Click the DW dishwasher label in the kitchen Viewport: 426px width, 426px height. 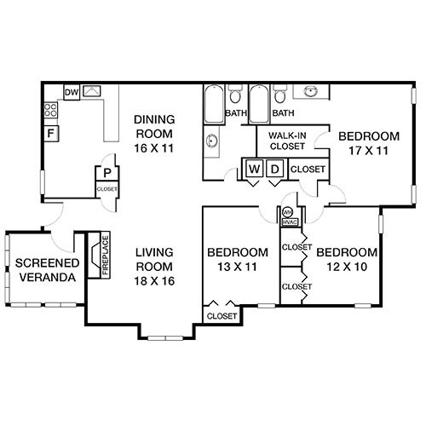pos(72,92)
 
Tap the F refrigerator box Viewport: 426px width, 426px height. pos(52,134)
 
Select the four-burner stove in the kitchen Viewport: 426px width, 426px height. pos(51,110)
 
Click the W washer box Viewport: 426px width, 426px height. pos(254,169)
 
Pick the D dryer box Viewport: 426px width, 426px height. pos(274,169)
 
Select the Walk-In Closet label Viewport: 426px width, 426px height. pos(287,141)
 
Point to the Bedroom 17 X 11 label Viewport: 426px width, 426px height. pos(368,143)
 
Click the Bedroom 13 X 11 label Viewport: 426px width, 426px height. pos(239,260)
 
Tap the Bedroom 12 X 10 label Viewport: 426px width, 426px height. pos(346,260)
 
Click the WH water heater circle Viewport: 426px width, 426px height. pos(287,211)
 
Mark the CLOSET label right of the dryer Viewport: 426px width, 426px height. pos(308,170)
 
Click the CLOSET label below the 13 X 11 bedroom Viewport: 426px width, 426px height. pos(222,316)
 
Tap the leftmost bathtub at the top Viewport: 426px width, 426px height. pos(212,105)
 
